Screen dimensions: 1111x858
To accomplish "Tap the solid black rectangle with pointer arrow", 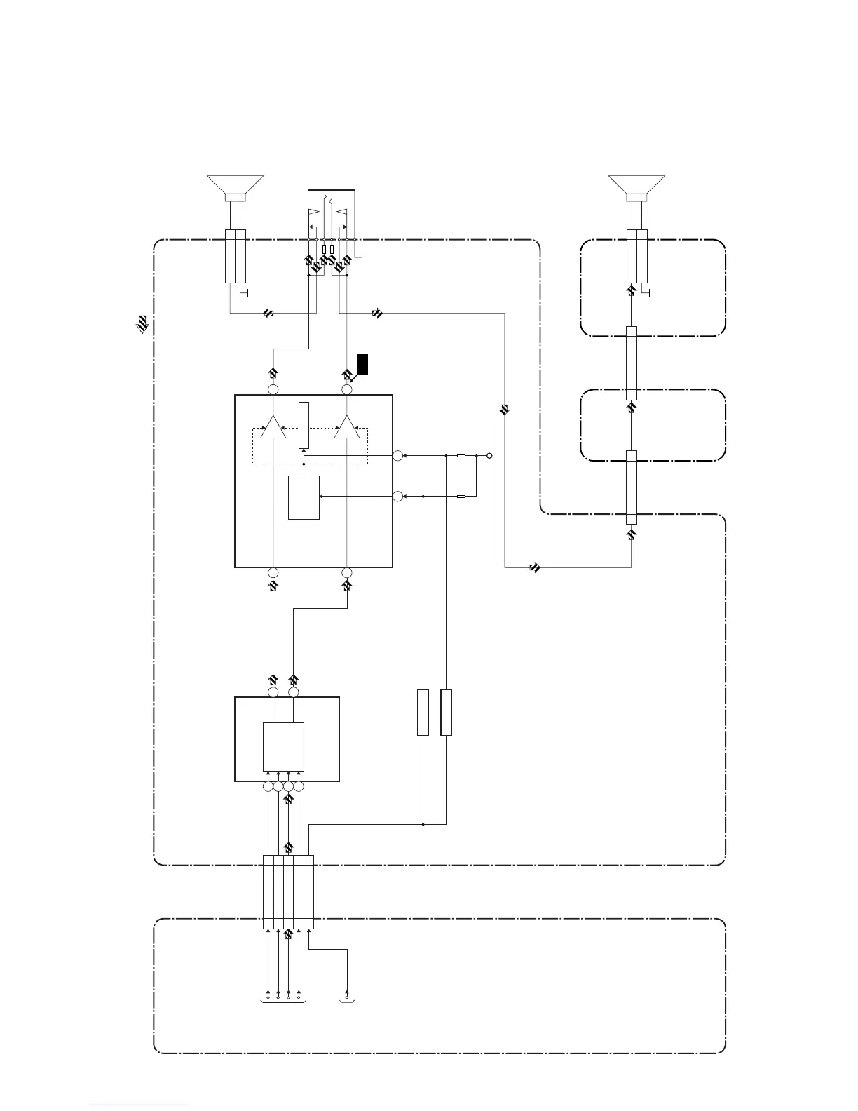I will coord(362,364).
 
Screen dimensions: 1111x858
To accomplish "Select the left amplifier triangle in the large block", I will coord(273,427).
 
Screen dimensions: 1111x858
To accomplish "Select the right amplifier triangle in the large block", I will coord(346,427).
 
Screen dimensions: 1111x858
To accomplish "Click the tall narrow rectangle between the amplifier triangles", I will coord(304,425).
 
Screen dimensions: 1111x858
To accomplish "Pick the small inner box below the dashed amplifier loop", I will coord(304,497).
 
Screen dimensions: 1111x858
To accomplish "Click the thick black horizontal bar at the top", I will coord(332,189).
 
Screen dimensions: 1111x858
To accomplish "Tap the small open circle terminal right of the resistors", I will coord(490,456).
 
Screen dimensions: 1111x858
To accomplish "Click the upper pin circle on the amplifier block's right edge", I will coord(398,456).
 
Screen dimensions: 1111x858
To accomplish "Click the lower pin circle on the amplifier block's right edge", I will coord(398,497).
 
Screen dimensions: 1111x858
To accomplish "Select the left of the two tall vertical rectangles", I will coord(423,713).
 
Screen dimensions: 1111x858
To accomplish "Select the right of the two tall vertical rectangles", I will coord(446,713).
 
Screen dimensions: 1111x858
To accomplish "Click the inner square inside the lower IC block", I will coord(283,746).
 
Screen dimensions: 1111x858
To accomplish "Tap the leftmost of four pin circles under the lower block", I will coord(268,787).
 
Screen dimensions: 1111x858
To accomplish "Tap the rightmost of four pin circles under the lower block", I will coord(299,787).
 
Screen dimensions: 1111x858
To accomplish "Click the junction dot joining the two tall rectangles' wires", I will coord(423,825).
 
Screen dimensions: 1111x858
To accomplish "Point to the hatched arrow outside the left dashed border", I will coord(142,323).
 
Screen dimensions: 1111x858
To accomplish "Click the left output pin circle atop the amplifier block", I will coord(273,389).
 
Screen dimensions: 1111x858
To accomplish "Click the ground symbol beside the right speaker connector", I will coord(648,292).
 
